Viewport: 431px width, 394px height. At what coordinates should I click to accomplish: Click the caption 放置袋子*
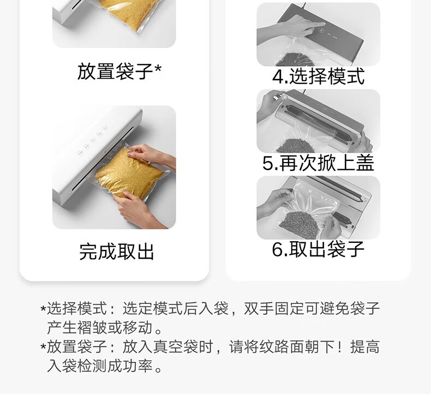tap(119, 71)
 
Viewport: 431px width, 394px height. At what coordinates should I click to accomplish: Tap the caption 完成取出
tap(117, 252)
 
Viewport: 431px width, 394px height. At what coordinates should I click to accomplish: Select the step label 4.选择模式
tap(318, 76)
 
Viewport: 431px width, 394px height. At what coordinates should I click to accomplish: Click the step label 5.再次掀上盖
tap(318, 163)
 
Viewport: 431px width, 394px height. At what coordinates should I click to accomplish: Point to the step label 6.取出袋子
tap(318, 249)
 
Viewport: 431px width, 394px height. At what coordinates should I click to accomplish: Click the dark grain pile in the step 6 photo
tap(299, 224)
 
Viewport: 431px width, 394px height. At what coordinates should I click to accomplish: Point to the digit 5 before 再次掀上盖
tap(268, 163)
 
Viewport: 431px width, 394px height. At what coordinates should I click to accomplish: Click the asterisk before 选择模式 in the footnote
tap(43, 309)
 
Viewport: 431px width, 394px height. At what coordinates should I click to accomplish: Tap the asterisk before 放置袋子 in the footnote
tap(43, 347)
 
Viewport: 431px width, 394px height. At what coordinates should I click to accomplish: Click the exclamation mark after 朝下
tap(342, 347)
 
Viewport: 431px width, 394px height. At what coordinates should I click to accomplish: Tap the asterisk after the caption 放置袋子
tap(158, 68)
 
